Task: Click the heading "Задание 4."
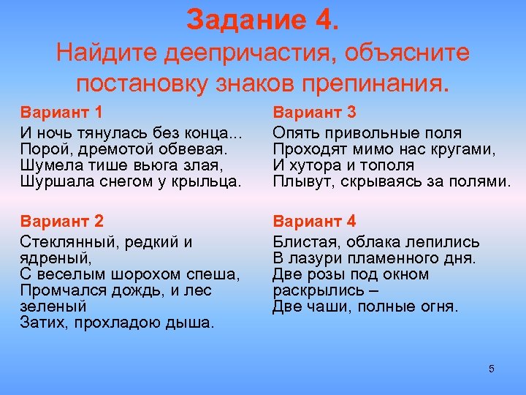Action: click(262, 20)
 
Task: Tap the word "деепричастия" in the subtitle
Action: click(240, 53)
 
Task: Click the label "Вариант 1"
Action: click(61, 113)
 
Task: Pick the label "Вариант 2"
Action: click(62, 222)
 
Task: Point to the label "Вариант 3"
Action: click(314, 113)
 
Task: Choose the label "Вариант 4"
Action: click(314, 222)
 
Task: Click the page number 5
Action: click(492, 369)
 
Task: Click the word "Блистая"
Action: click(302, 242)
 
